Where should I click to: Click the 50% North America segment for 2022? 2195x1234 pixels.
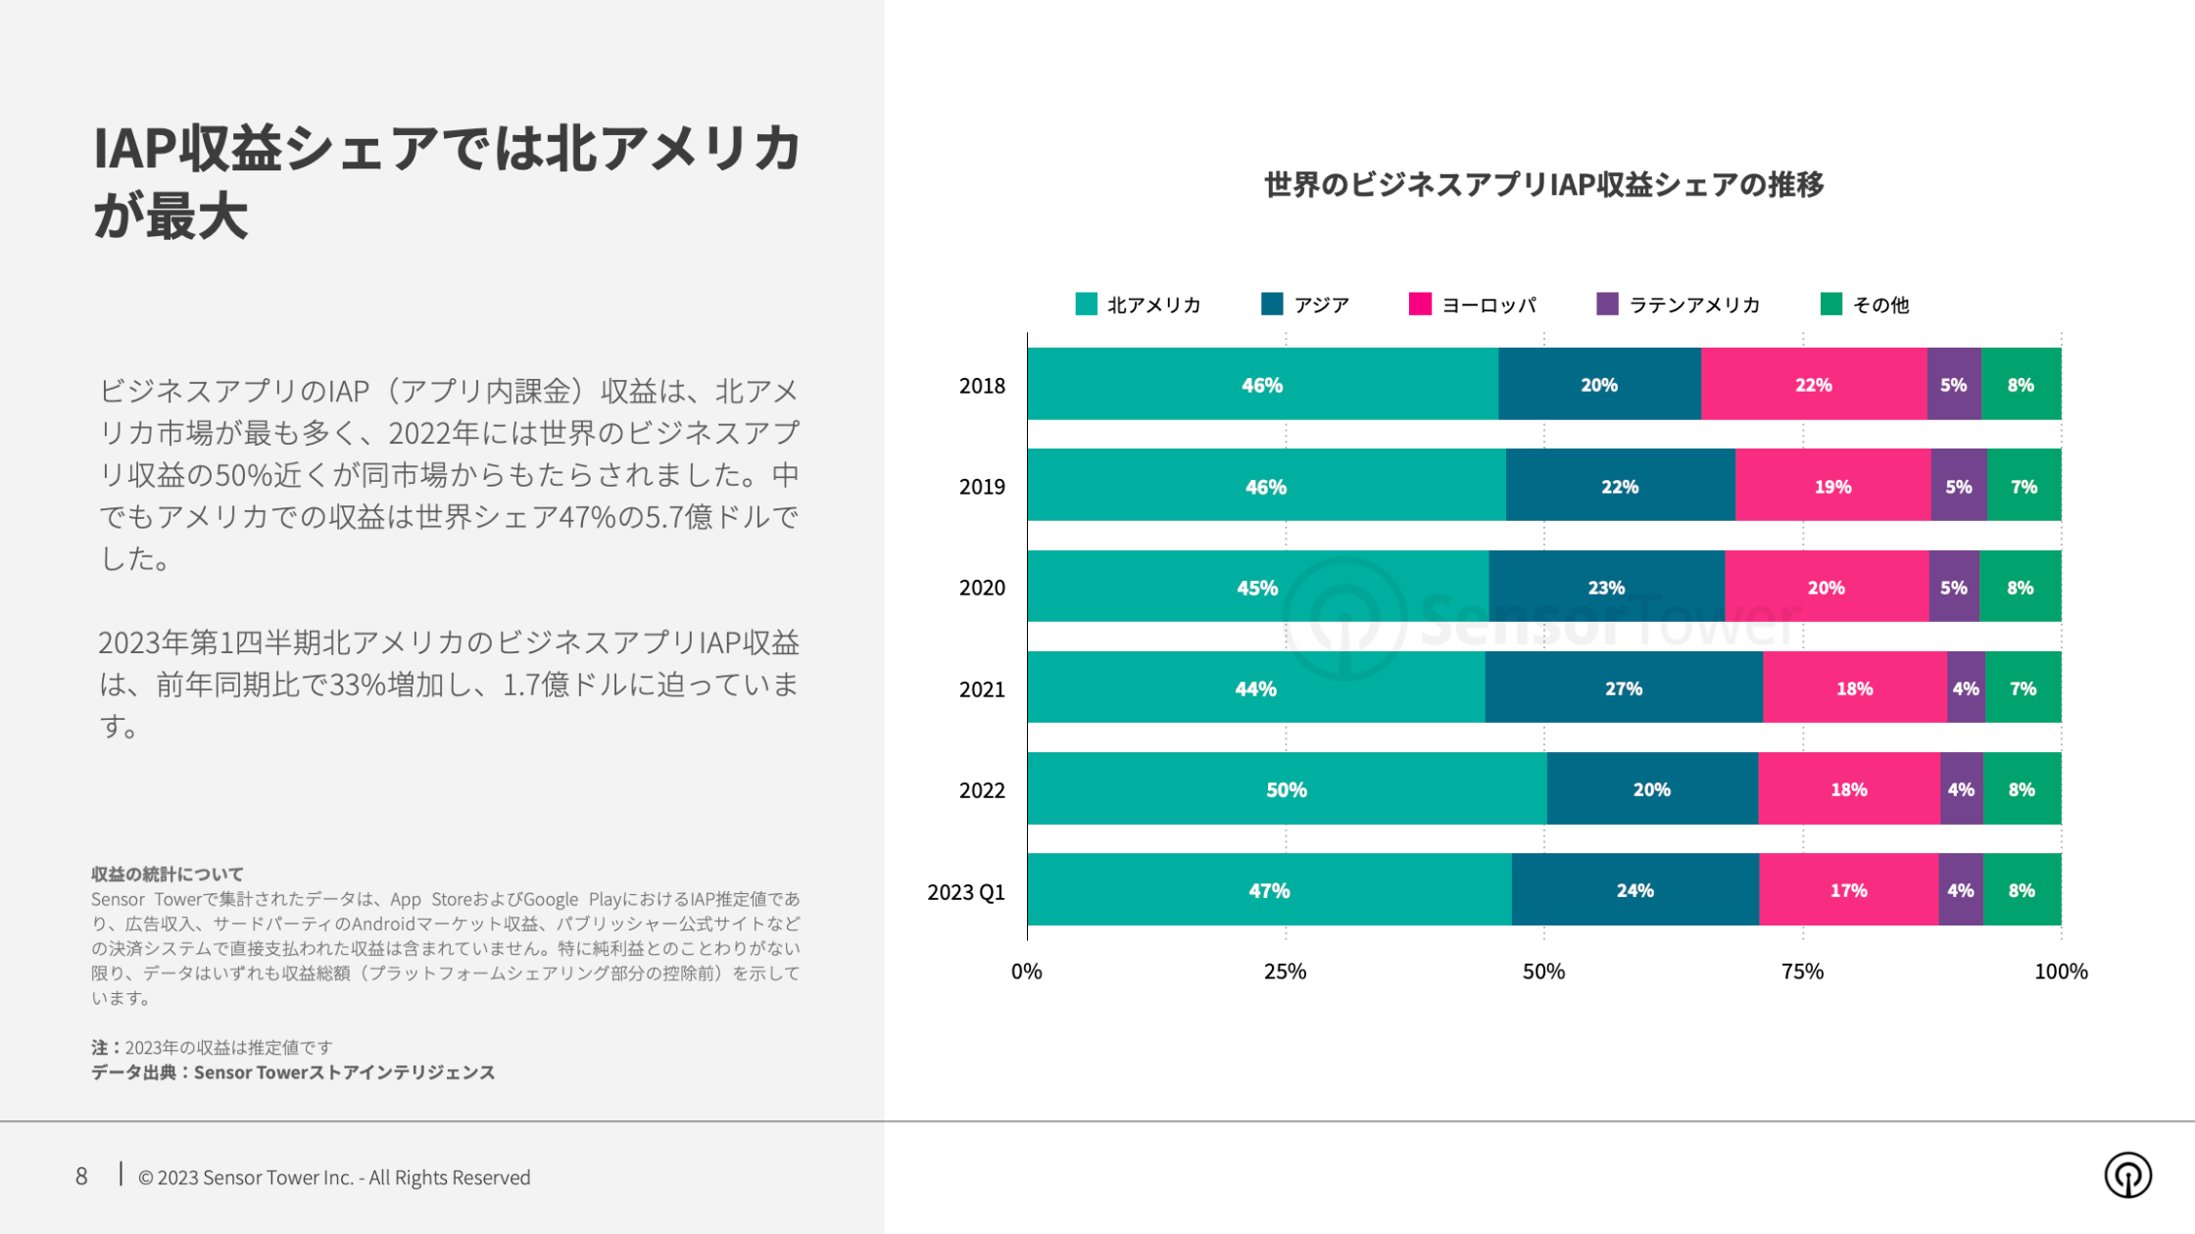pos(1287,789)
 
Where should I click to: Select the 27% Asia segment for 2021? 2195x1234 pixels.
pos(1624,688)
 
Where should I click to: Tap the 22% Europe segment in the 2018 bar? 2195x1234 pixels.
pos(1813,385)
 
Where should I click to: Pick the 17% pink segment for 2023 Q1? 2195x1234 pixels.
pos(1848,890)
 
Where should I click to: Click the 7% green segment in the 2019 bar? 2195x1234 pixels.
pos(2024,486)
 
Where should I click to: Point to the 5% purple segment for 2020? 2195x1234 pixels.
pos(1954,588)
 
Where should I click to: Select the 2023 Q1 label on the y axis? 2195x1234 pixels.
pos(966,892)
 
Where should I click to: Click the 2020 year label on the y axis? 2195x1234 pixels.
pos(982,588)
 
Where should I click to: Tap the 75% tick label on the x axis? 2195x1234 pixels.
pos(1802,972)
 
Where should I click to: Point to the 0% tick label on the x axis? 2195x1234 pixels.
pos(1026,972)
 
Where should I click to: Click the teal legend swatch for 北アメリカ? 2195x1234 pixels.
pos(1086,304)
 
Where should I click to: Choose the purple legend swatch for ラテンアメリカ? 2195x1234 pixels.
pos(1607,304)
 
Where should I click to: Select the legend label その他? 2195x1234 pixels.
pos(1880,305)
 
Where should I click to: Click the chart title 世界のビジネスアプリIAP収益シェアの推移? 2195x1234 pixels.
pos(1543,184)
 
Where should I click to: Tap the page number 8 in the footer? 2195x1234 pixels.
pos(81,1176)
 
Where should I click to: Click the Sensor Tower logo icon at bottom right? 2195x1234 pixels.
pos(2127,1175)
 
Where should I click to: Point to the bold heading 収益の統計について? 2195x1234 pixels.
pos(168,874)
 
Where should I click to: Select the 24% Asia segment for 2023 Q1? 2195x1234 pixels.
pos(1634,890)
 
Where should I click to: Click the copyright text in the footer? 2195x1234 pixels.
pos(334,1177)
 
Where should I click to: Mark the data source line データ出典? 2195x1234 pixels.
pos(293,1072)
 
